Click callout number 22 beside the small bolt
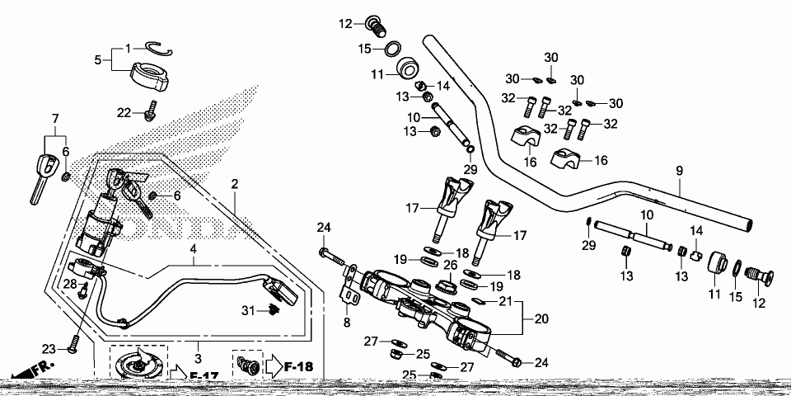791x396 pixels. coord(124,112)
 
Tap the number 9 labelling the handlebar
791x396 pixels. coord(680,171)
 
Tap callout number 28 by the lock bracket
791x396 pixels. coord(71,284)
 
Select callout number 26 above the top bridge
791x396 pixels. coord(450,265)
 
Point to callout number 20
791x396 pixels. coord(541,318)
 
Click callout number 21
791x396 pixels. coord(507,301)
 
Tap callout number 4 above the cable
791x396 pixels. coord(193,247)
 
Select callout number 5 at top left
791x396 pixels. coord(97,59)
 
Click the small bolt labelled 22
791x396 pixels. coord(150,110)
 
